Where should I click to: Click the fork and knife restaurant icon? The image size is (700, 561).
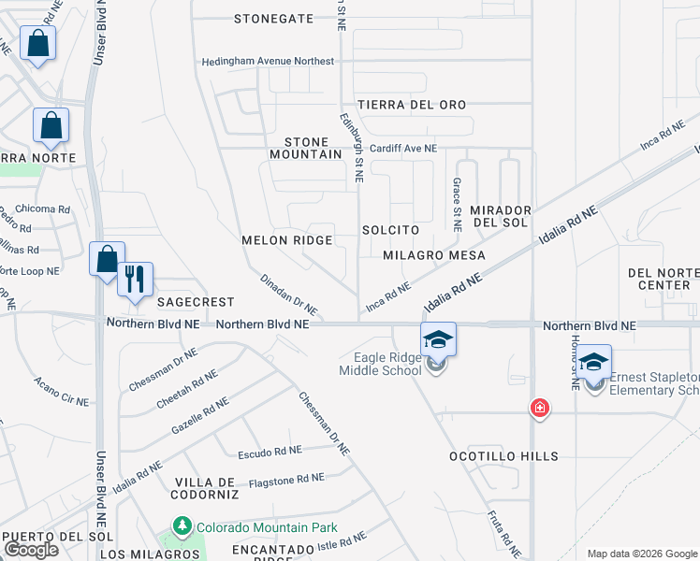click(x=135, y=278)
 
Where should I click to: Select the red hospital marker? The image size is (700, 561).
click(x=539, y=407)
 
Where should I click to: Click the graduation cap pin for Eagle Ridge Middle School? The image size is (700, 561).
click(x=438, y=338)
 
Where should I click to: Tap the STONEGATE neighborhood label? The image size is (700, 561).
click(x=273, y=18)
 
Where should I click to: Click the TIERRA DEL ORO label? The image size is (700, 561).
click(x=411, y=105)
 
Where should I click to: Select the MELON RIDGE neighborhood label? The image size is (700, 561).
click(x=287, y=240)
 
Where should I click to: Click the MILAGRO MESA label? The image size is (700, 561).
click(x=434, y=254)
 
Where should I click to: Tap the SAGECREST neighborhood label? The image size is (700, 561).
click(x=196, y=302)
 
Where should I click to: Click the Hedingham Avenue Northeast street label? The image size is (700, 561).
click(x=269, y=62)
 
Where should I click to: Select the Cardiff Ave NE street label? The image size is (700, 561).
click(x=401, y=148)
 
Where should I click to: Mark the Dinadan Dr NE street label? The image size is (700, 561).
click(x=288, y=294)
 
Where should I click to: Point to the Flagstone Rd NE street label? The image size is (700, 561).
click(x=286, y=481)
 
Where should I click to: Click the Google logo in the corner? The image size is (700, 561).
click(x=32, y=550)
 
